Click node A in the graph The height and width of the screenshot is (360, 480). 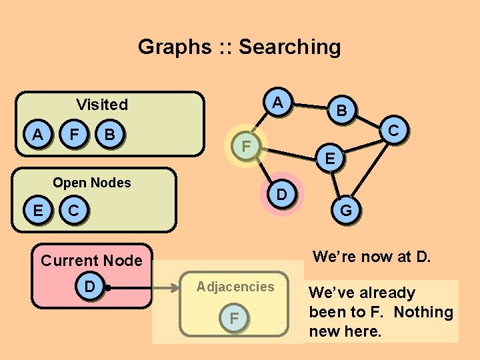279,103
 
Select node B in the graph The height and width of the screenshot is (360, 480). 341,111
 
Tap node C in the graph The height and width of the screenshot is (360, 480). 394,131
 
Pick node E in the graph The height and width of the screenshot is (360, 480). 330,159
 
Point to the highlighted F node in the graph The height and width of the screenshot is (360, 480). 245,145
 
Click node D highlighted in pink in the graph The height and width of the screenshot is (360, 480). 281,195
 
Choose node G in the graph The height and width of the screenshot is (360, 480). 346,211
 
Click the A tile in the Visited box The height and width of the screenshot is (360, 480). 38,134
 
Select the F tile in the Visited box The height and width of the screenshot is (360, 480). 75,134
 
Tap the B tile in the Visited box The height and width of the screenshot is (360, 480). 110,134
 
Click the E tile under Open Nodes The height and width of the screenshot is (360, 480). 38,211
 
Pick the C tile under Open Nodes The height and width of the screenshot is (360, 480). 75,211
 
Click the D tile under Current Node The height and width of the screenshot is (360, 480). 89,287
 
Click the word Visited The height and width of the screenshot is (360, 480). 102,104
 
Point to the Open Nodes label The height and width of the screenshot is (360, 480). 92,183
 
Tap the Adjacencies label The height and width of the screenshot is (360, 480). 235,287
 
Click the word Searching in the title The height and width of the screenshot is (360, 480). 289,47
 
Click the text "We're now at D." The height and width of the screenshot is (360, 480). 371,256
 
